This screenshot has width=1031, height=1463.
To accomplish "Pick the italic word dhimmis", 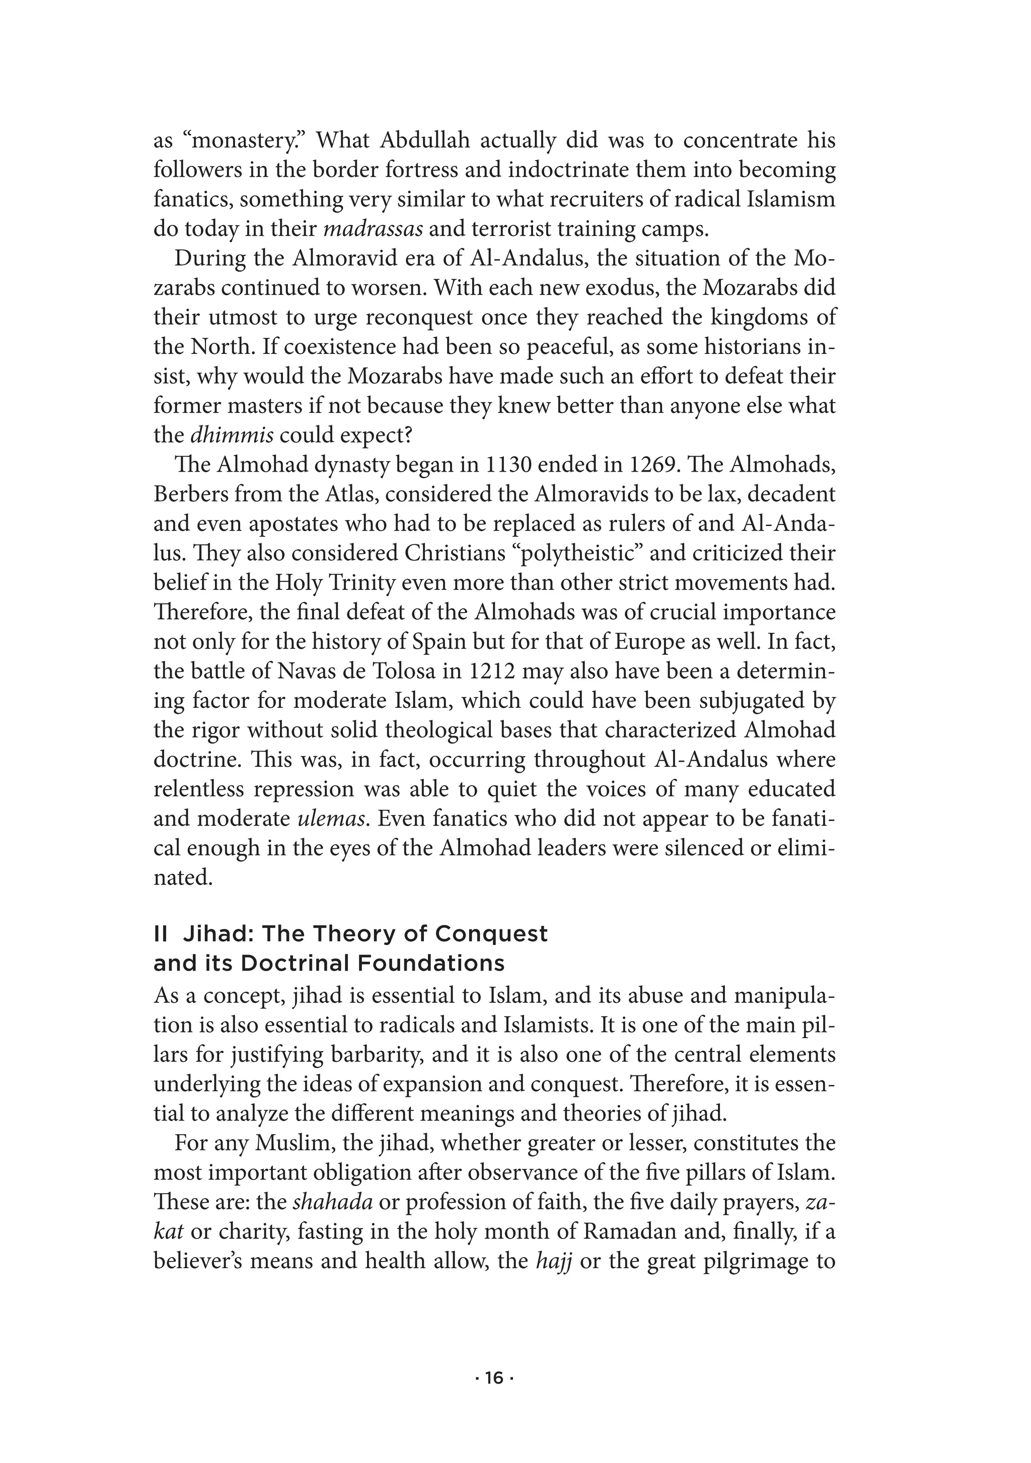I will [233, 435].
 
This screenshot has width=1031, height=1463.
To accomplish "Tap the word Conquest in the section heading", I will [491, 934].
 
